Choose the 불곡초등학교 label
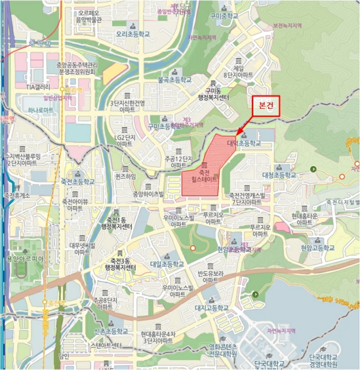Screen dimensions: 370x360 pos(175,80)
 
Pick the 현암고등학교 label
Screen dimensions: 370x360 pos(318,247)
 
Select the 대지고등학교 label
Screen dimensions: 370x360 pos(211,308)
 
